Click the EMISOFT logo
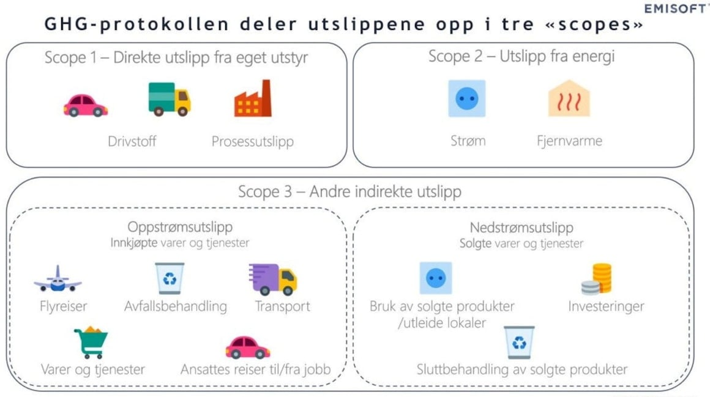click(676, 9)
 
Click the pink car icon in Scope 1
click(85, 105)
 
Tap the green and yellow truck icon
click(170, 99)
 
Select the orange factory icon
click(253, 98)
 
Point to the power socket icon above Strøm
click(467, 98)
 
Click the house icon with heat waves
click(569, 98)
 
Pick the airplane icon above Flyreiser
click(58, 279)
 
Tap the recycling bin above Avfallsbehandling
click(170, 278)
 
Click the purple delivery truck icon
click(272, 279)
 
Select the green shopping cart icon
click(91, 342)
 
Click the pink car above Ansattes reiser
click(248, 347)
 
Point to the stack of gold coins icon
click(597, 278)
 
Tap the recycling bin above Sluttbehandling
click(519, 342)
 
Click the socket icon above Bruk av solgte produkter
click(436, 278)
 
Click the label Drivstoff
click(132, 141)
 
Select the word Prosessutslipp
click(253, 142)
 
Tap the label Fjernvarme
click(570, 141)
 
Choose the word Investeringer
click(606, 306)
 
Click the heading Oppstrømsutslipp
click(180, 227)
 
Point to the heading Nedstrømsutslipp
click(521, 227)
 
